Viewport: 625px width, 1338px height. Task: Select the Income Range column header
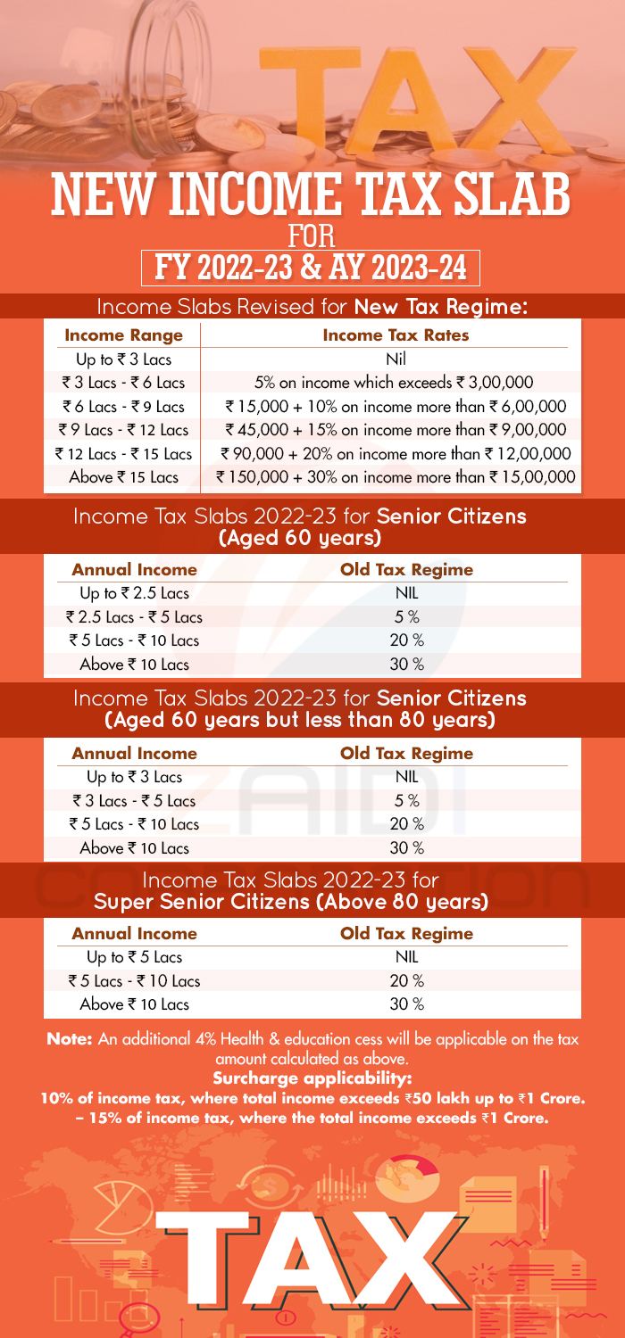[124, 335]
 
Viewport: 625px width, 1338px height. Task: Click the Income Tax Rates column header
[396, 335]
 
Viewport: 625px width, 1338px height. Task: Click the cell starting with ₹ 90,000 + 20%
[395, 454]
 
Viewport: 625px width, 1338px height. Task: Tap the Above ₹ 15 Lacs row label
[124, 478]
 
